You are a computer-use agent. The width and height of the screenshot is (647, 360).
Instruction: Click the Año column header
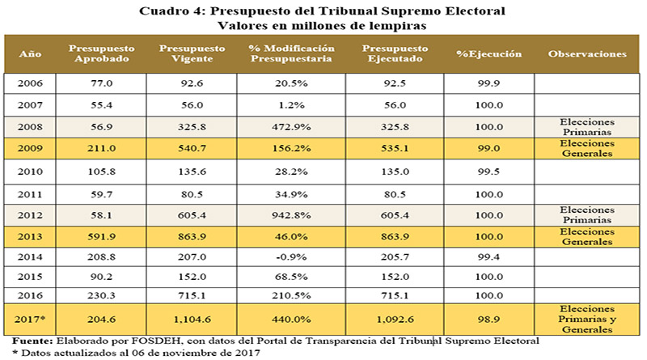(x=29, y=54)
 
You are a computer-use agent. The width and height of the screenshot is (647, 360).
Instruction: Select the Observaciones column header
(x=588, y=54)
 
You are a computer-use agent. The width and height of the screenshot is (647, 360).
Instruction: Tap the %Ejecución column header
(x=488, y=54)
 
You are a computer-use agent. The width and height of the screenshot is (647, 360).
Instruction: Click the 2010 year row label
(x=29, y=172)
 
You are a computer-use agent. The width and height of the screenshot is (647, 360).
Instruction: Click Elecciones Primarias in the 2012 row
(x=588, y=215)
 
